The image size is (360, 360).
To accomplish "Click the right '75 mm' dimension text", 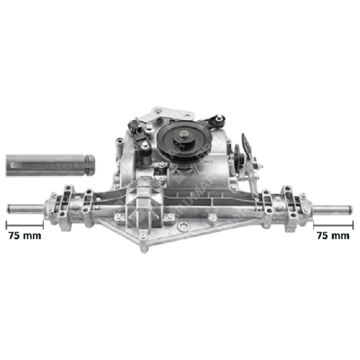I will point(332,236).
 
